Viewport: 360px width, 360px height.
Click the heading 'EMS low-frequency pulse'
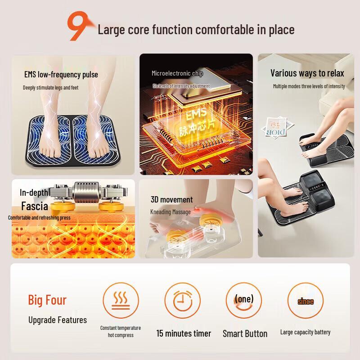tap(61, 74)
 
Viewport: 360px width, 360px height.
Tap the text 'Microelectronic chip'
tap(177, 73)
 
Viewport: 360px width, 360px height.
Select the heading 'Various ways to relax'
tap(307, 73)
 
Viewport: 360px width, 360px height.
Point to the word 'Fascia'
tap(35, 207)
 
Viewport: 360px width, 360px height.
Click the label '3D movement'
tap(171, 199)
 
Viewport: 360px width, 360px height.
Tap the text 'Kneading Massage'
tap(171, 211)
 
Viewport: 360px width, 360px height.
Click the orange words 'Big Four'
tap(47, 300)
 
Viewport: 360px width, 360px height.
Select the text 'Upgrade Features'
tap(58, 320)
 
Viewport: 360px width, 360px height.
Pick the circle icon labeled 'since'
tap(305, 301)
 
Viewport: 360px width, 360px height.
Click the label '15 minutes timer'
tap(184, 333)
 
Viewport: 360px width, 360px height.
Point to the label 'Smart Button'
tap(245, 333)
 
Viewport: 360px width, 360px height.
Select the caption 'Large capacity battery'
tap(305, 332)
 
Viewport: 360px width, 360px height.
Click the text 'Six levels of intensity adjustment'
tap(181, 85)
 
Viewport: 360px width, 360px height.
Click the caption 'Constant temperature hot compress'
tap(121, 332)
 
